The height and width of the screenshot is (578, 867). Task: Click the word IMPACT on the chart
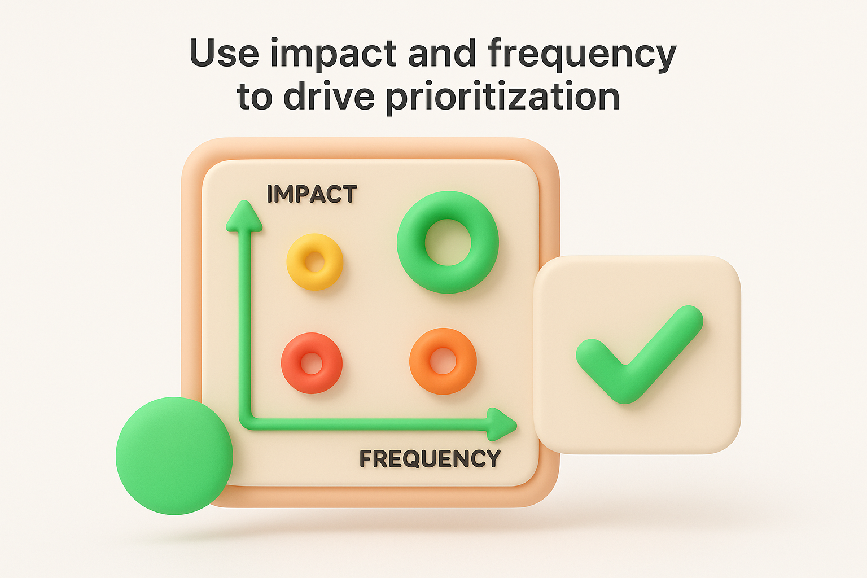(312, 194)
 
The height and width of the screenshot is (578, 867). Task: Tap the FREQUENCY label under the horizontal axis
(430, 459)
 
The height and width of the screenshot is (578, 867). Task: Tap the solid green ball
(174, 456)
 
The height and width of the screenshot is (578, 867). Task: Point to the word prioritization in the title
(502, 98)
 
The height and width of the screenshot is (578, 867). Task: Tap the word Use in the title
(224, 54)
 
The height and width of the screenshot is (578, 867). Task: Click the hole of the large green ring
(448, 242)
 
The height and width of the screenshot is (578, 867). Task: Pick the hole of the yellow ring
(315, 262)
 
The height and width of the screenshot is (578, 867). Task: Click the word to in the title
(255, 97)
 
